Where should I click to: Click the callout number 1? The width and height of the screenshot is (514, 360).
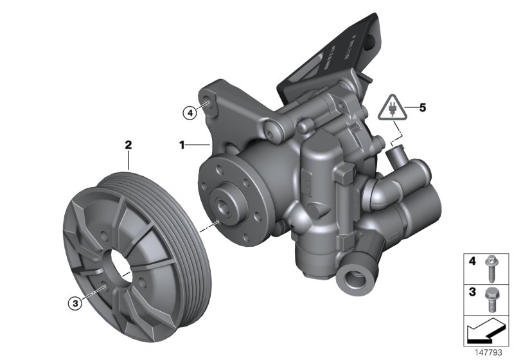click(x=182, y=146)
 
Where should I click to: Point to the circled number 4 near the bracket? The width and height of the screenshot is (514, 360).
click(x=188, y=114)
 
